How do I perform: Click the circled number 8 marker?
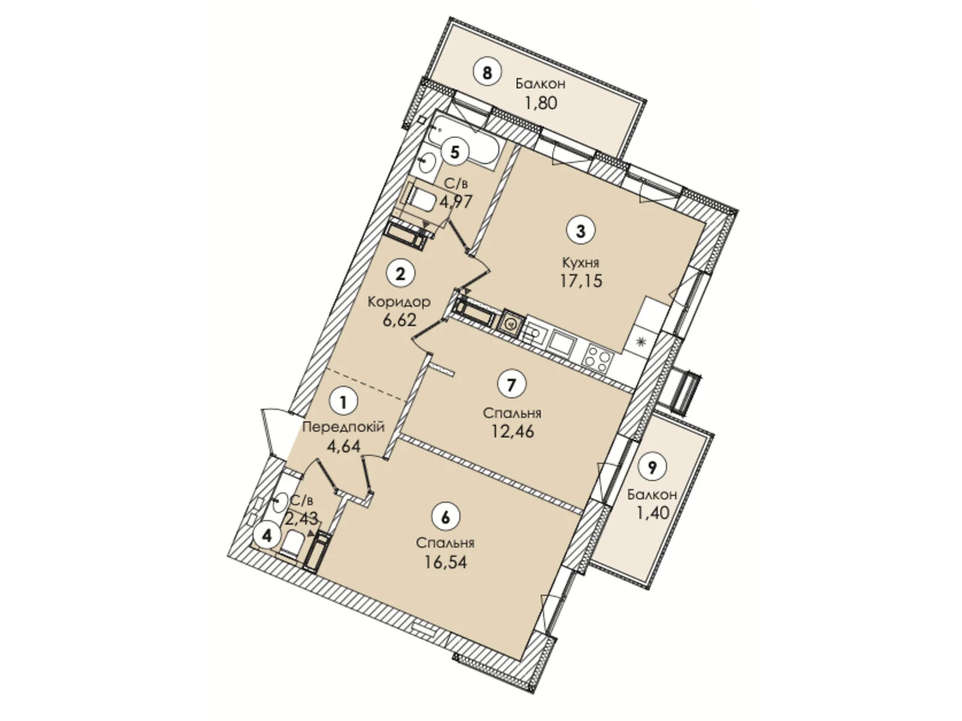(x=487, y=73)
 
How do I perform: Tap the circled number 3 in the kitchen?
(x=580, y=231)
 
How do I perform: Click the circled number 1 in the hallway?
(x=343, y=401)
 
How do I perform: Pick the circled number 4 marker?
(x=268, y=535)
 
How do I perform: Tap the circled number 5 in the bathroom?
(x=455, y=151)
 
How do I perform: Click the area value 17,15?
(x=581, y=280)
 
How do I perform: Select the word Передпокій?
(x=343, y=427)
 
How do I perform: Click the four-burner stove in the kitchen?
(x=598, y=357)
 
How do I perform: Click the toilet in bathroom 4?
(x=293, y=544)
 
